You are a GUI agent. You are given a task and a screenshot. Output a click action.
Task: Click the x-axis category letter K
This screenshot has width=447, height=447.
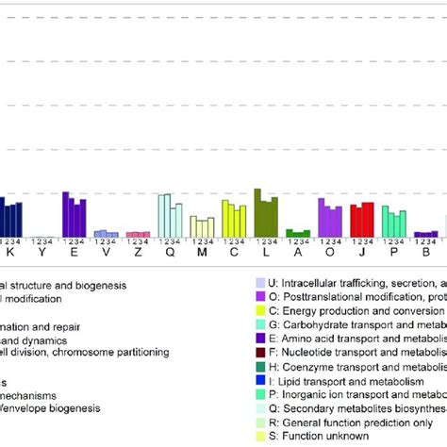[10, 253]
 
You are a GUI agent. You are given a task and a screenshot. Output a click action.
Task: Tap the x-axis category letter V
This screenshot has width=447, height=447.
[106, 253]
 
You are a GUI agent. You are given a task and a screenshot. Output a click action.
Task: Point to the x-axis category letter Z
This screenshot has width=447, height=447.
[138, 253]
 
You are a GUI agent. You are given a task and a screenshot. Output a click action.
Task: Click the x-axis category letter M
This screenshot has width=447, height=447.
[201, 253]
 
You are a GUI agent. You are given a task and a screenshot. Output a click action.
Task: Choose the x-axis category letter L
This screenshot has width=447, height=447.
[266, 253]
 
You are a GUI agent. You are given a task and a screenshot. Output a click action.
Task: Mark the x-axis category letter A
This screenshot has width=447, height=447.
[298, 253]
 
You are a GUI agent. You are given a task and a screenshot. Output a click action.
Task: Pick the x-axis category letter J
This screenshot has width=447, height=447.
[362, 253]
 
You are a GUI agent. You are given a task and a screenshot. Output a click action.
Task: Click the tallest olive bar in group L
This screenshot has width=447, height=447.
[257, 212]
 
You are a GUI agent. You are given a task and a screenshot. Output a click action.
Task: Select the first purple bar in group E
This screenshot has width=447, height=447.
[65, 214]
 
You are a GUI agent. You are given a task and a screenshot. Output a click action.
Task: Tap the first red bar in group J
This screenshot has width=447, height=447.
[354, 221]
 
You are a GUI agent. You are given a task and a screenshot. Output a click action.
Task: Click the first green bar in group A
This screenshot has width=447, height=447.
[290, 233]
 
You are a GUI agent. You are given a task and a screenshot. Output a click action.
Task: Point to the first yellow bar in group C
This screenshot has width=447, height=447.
[225, 218]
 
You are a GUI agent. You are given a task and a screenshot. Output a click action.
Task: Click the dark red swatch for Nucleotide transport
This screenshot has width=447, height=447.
[260, 352]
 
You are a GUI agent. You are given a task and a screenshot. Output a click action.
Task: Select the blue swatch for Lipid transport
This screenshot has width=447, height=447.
[260, 380]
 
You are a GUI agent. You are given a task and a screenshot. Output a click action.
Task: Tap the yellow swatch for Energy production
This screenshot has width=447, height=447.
[260, 309]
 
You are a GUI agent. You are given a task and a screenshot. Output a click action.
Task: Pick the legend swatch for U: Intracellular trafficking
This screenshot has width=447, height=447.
[260, 281]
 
